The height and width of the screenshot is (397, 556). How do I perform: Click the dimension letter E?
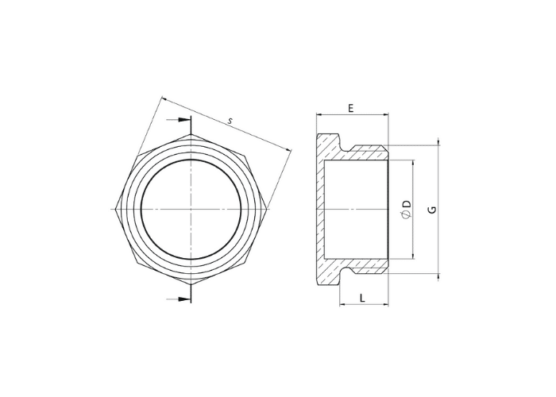(x=351, y=108)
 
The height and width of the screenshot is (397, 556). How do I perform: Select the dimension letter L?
(x=362, y=298)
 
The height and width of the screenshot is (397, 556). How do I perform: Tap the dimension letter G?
(x=432, y=209)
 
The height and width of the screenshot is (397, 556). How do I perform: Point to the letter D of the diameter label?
(x=407, y=204)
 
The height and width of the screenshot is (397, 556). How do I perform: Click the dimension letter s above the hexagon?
(x=230, y=121)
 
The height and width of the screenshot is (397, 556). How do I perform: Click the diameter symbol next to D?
(x=407, y=214)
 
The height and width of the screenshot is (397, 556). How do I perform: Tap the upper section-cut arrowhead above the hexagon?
(x=182, y=120)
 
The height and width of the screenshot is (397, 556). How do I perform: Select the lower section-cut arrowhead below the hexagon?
(x=182, y=299)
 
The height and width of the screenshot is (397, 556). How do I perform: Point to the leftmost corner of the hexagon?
(x=116, y=209)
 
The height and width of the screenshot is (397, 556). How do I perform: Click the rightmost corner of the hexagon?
(x=267, y=209)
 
